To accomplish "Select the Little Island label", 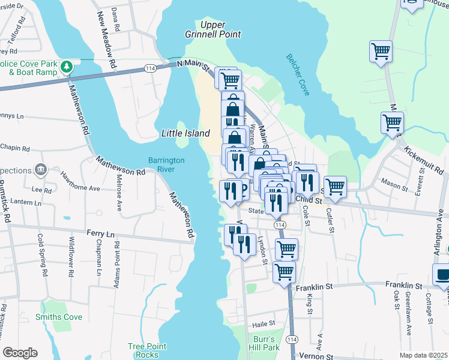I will point(185,133).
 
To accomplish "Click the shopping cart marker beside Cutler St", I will point(335,186).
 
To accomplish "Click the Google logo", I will point(20,353).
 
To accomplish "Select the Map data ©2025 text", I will point(423,355).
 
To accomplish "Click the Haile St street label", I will point(259,324).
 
